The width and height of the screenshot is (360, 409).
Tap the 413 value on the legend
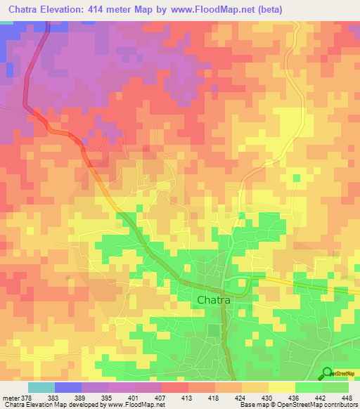[x=188, y=398]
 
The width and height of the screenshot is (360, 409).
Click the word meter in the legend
[x=11, y=398]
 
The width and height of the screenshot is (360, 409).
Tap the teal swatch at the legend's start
[x=41, y=387]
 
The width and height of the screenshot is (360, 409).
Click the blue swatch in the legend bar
[x=68, y=387]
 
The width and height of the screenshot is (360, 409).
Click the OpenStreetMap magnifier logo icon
[x=327, y=373]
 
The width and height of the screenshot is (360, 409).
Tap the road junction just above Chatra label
[x=222, y=287]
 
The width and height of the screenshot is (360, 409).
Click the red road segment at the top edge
[x=47, y=26]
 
